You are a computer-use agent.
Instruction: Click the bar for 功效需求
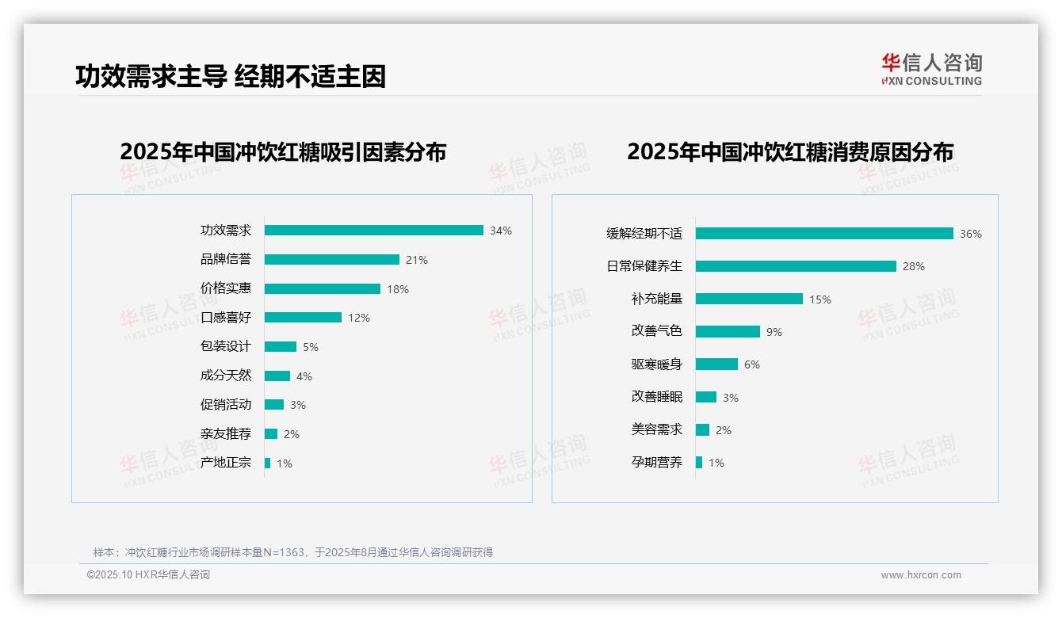pyautogui.click(x=373, y=231)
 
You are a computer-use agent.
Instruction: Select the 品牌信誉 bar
pyautogui.click(x=331, y=260)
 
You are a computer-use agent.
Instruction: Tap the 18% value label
pyautogui.click(x=398, y=289)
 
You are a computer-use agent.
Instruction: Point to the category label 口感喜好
pyautogui.click(x=226, y=318)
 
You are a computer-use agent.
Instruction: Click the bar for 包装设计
pyautogui.click(x=280, y=347)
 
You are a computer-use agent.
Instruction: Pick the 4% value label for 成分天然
pyautogui.click(x=304, y=376)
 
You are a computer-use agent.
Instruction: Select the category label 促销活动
pyautogui.click(x=226, y=405)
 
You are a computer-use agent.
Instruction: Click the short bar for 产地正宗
pyautogui.click(x=267, y=463)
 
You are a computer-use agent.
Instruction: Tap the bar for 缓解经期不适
pyautogui.click(x=824, y=234)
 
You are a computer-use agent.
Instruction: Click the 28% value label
pyautogui.click(x=914, y=266)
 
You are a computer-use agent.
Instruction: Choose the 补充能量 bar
pyautogui.click(x=749, y=299)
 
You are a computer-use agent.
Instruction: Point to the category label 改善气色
pyautogui.click(x=656, y=331)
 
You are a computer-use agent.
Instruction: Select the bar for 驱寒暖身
pyautogui.click(x=716, y=364)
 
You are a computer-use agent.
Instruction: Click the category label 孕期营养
pyautogui.click(x=656, y=462)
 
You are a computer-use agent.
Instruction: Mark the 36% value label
pyautogui.click(x=971, y=234)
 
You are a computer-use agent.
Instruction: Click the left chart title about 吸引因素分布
pyautogui.click(x=283, y=152)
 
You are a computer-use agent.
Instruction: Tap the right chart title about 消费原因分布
pyautogui.click(x=789, y=152)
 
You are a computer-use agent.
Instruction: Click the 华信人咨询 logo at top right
pyautogui.click(x=931, y=69)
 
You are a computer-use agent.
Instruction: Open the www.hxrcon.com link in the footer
pyautogui.click(x=921, y=575)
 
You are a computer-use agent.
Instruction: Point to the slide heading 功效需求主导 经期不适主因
pyautogui.click(x=231, y=77)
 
